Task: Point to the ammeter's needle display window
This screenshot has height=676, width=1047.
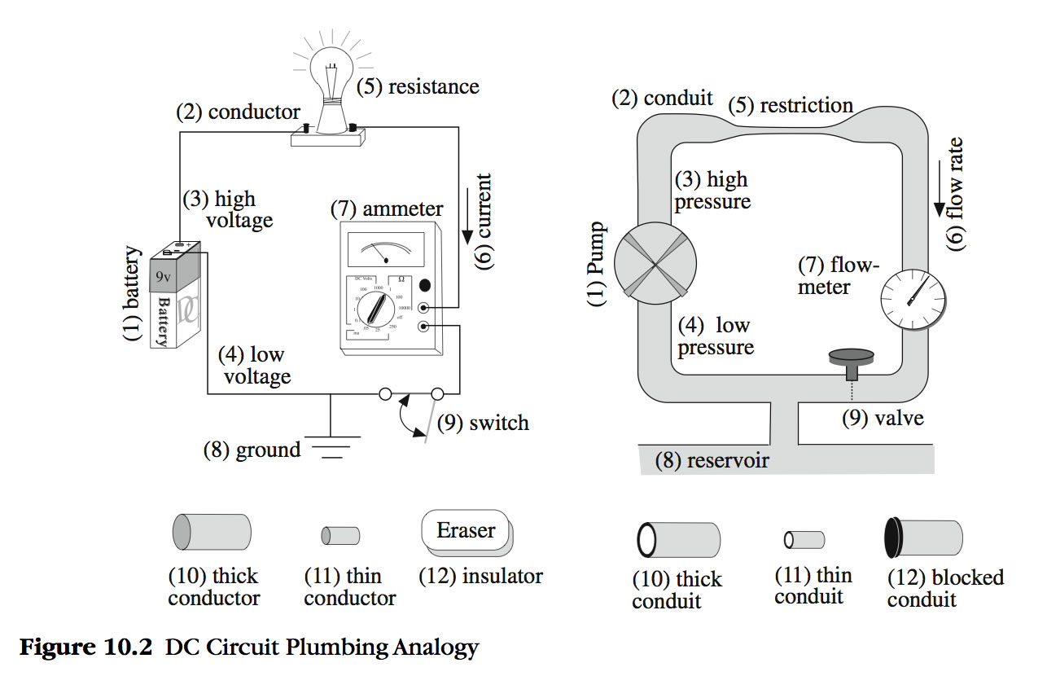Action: coord(384,249)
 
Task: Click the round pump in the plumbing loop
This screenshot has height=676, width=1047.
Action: coord(655,266)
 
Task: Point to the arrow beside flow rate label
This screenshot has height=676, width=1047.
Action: coord(939,195)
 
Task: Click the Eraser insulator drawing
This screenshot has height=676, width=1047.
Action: coord(466,533)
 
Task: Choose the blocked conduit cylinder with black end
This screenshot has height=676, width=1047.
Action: coord(923,538)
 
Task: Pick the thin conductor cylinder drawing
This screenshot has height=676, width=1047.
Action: coord(340,535)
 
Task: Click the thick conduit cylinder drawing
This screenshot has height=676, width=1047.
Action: coord(677,539)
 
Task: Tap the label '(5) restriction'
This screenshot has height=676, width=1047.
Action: coord(790,105)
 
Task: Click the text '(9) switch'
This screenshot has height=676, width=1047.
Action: coord(483,423)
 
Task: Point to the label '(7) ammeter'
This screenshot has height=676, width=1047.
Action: coord(387,209)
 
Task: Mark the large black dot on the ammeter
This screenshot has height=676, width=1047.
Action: coord(425,286)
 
